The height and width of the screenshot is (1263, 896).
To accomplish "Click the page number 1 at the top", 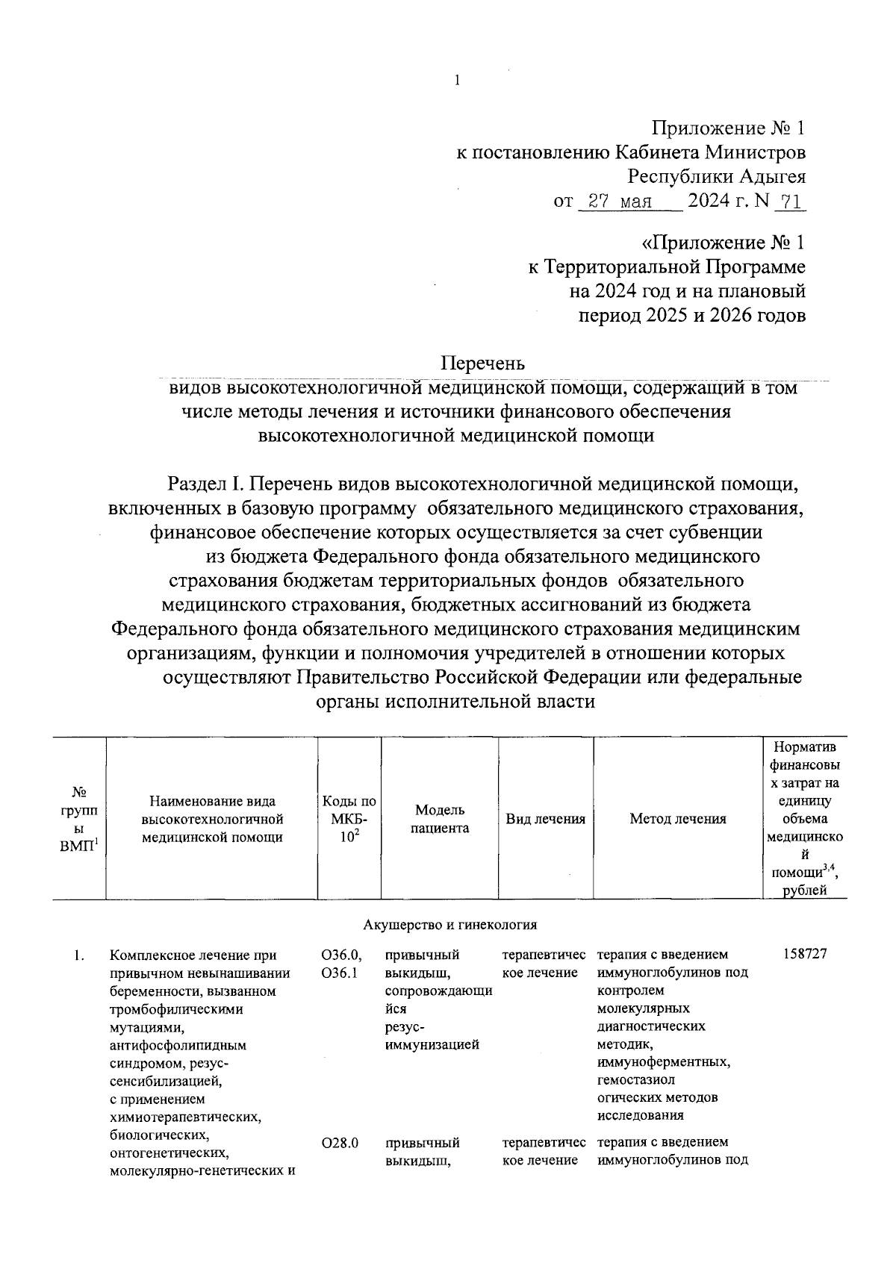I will coord(455,80).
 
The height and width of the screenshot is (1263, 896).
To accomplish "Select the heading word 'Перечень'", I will coord(482,364).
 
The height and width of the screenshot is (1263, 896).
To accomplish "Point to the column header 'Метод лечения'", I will coord(677,819).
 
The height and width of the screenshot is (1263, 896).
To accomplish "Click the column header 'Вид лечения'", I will coord(545,819).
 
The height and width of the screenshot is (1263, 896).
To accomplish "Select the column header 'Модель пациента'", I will coord(440,819).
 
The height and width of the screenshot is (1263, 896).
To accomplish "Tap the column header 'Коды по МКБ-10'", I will coord(349,819).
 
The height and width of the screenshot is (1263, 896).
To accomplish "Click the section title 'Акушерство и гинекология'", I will coord(450,925).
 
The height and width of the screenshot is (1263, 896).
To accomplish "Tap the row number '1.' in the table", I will coord(79,955).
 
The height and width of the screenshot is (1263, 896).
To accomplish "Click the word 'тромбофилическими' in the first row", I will coord(176,1009).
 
